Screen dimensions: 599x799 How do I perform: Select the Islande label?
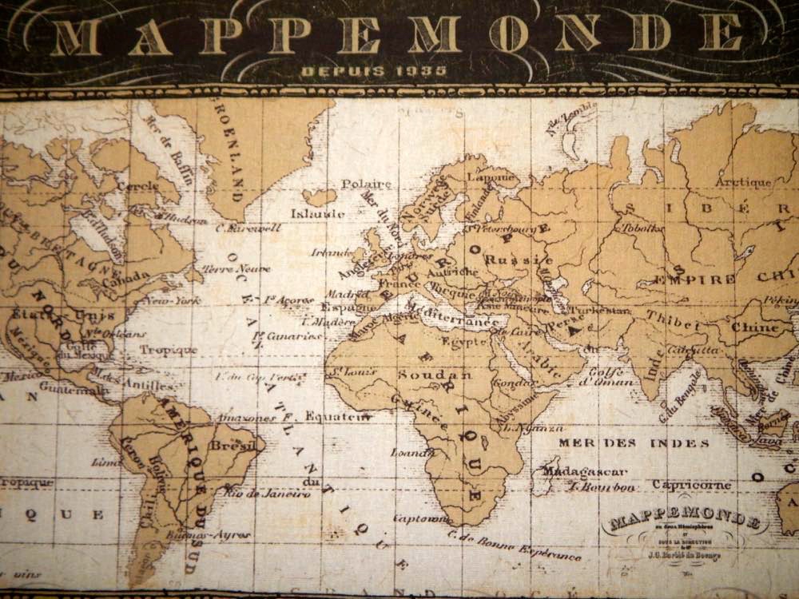(x=317, y=214)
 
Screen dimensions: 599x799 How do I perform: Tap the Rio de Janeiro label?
(x=266, y=493)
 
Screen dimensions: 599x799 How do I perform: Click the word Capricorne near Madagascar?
(x=691, y=485)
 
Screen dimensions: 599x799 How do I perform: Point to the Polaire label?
(x=366, y=184)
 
